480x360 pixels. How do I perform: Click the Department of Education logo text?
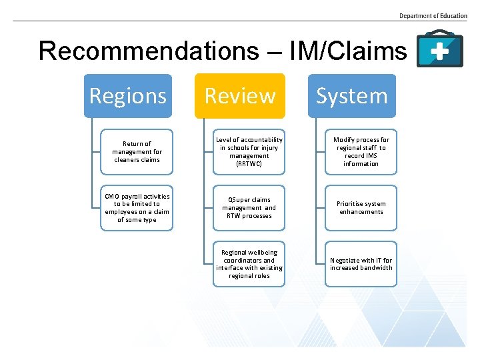(x=433, y=15)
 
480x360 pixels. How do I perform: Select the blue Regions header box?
(x=128, y=96)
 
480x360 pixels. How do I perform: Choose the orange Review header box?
(x=240, y=96)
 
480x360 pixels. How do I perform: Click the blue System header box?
(x=352, y=96)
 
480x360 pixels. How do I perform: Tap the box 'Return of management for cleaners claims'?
(x=137, y=151)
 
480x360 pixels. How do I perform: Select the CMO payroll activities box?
(x=137, y=208)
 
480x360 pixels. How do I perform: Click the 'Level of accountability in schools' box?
(x=249, y=151)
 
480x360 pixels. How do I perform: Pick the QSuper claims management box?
(x=249, y=208)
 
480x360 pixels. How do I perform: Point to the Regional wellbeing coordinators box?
(x=249, y=264)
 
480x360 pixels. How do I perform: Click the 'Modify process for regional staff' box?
(x=361, y=151)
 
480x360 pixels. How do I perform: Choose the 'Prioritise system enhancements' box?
(x=361, y=208)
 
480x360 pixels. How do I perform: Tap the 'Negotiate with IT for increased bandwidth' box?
(x=361, y=264)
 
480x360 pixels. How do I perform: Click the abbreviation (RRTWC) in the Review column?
(x=249, y=163)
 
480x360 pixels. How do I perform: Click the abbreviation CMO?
(x=113, y=196)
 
